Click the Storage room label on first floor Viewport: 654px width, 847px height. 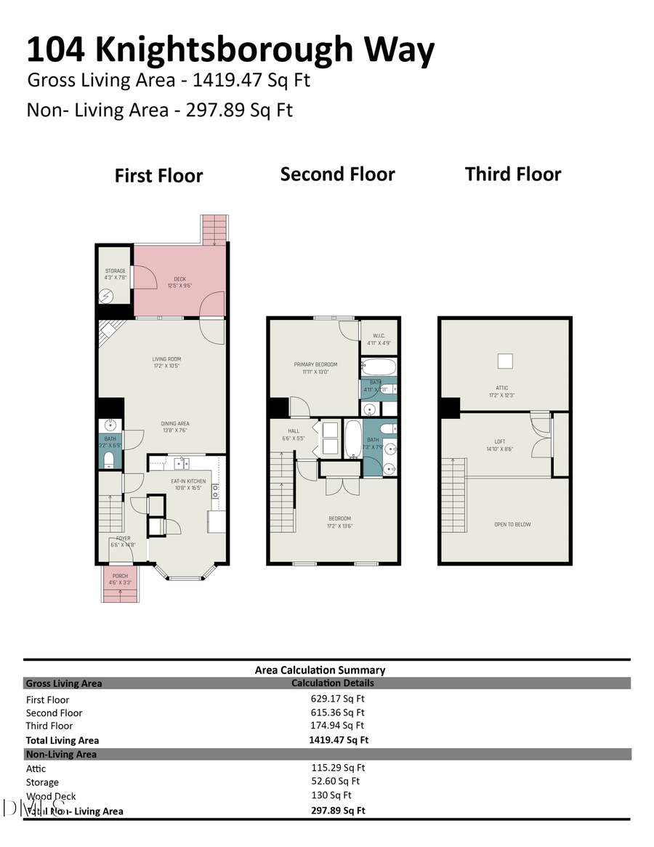115,271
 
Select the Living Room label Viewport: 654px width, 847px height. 166,358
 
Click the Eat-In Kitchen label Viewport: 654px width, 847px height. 188,481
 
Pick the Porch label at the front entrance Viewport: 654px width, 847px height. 120,576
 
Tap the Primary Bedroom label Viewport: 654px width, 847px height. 315,365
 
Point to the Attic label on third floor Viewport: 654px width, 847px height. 503,388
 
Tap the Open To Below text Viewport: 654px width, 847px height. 513,524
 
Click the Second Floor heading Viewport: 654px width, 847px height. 337,174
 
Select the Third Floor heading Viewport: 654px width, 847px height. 513,174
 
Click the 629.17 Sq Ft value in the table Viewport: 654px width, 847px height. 337,699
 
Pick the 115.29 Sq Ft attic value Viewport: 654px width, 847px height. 338,767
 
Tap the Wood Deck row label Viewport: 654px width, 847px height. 51,796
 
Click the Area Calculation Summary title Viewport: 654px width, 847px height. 320,670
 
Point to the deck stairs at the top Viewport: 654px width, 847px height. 214,229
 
